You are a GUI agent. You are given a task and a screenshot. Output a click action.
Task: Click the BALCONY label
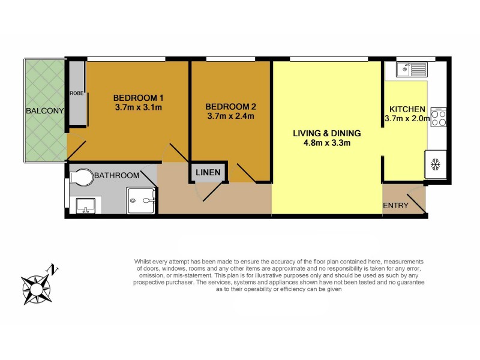(x=44, y=111)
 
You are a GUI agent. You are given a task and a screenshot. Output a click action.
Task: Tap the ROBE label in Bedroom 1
(x=76, y=94)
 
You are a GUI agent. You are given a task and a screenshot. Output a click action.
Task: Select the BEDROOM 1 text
(x=139, y=98)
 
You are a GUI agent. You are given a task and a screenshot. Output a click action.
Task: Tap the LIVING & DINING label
(x=326, y=133)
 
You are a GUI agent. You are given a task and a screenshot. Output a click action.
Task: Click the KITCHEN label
(x=407, y=109)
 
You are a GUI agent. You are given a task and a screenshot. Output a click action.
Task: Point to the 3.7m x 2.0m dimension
(x=407, y=119)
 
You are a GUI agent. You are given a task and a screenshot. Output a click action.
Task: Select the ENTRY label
(x=395, y=206)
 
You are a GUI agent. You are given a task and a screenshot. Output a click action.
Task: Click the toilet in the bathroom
(x=80, y=176)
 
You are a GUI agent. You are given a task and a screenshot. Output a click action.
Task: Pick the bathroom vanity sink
(x=85, y=206)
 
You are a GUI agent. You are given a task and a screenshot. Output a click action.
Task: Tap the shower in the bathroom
(x=142, y=200)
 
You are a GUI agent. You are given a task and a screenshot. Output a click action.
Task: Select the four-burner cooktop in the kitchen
(x=439, y=116)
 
